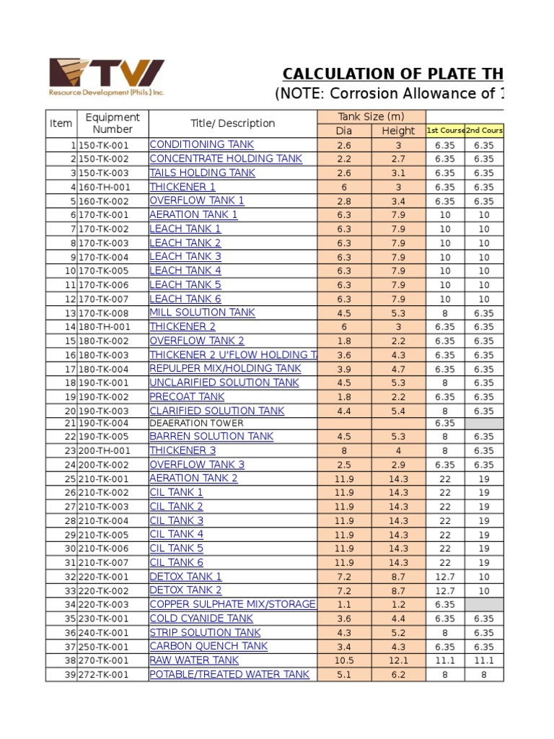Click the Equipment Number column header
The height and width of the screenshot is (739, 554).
click(113, 123)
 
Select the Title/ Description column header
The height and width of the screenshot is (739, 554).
click(232, 123)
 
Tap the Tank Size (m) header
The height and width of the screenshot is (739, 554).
click(371, 117)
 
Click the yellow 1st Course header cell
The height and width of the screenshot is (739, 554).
click(445, 131)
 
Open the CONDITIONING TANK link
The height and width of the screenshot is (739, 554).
click(201, 144)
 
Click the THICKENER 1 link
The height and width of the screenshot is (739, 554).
click(183, 187)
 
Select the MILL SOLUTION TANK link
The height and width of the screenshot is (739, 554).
click(202, 312)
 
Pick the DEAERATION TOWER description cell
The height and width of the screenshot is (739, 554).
click(196, 423)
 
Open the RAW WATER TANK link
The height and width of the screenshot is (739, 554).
click(193, 660)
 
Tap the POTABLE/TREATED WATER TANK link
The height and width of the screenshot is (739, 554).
click(229, 674)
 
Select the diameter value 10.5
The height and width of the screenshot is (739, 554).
click(344, 660)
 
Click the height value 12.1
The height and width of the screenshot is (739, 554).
click(398, 660)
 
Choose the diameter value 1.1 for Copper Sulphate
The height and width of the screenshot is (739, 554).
click(344, 604)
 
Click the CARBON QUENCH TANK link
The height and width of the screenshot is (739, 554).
click(208, 646)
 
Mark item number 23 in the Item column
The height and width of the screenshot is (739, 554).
click(70, 450)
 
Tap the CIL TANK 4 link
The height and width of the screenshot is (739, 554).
click(176, 534)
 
